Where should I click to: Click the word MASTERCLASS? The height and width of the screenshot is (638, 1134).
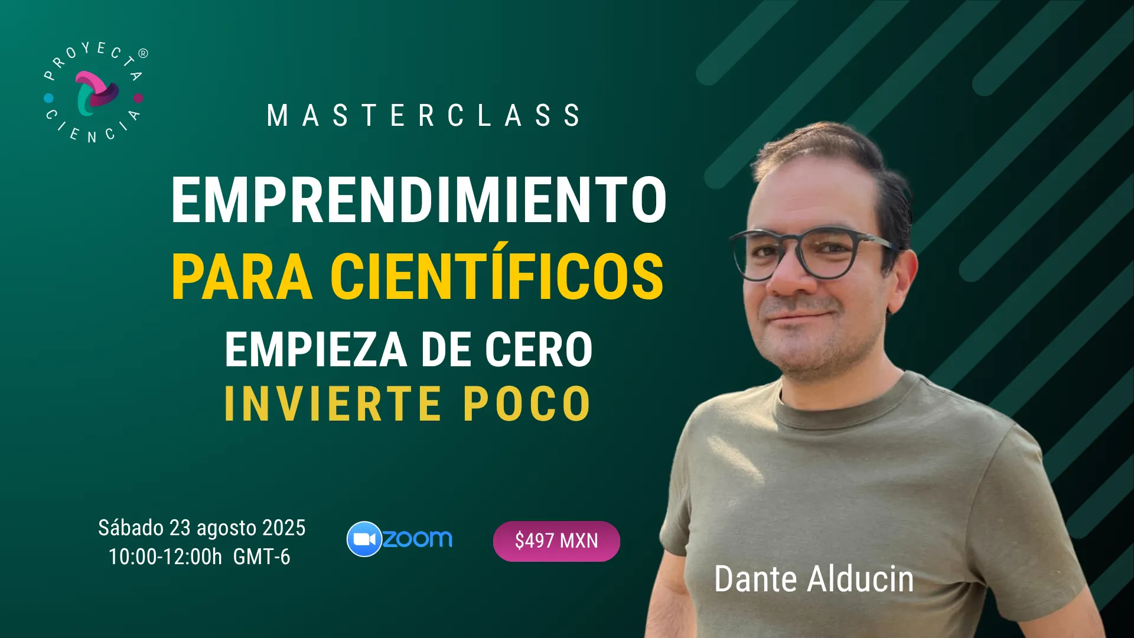pyautogui.click(x=423, y=116)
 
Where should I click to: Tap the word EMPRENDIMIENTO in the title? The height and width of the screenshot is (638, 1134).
pyautogui.click(x=419, y=200)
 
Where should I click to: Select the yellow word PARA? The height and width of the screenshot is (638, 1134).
pyautogui.click(x=242, y=276)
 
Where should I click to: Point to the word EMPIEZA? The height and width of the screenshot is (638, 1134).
pyautogui.click(x=316, y=350)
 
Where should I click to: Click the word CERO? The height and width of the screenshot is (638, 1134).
pyautogui.click(x=538, y=350)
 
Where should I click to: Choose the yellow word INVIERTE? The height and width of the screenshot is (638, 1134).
pyautogui.click(x=333, y=404)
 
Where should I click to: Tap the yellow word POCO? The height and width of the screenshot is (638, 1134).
pyautogui.click(x=527, y=404)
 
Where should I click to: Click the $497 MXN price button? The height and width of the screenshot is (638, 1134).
pyautogui.click(x=556, y=541)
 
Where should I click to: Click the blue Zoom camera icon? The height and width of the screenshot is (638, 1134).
pyautogui.click(x=364, y=539)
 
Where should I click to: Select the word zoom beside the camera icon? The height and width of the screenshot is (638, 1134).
pyautogui.click(x=418, y=539)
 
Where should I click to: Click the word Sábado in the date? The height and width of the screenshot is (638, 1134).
pyautogui.click(x=131, y=528)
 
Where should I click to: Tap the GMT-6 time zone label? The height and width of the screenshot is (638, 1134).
pyautogui.click(x=262, y=557)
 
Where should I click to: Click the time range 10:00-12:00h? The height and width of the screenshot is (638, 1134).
pyautogui.click(x=165, y=557)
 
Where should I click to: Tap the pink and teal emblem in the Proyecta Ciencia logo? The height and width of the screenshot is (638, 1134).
pyautogui.click(x=96, y=93)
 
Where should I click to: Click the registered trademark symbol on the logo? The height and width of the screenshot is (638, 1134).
pyautogui.click(x=143, y=53)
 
